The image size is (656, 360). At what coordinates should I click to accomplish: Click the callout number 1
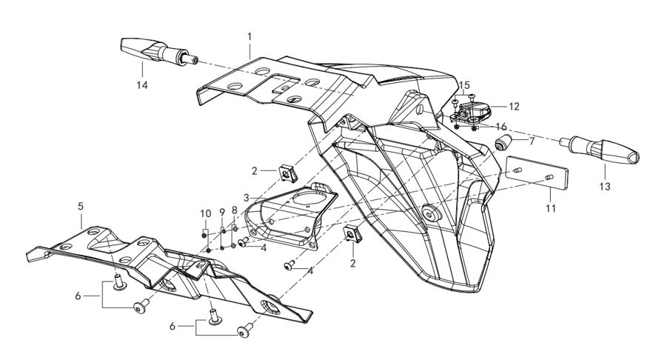point(250,36)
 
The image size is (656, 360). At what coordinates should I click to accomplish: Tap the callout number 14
point(142,85)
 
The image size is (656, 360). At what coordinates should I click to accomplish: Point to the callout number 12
point(513,107)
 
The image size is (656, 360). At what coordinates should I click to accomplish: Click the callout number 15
point(464,85)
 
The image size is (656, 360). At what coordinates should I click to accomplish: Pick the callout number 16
point(501,127)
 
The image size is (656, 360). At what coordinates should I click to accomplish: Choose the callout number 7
point(531,141)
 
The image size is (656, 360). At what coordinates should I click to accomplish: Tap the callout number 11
point(550,209)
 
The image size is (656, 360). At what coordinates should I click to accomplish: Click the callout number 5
point(81,206)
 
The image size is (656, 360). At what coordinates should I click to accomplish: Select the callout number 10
point(206,214)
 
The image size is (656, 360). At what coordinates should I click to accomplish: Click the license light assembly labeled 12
point(471,112)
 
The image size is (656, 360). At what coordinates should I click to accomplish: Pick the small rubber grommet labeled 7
point(503,142)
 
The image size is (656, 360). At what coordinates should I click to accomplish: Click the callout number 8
point(235,210)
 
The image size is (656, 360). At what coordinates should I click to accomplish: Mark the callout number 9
point(221,214)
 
